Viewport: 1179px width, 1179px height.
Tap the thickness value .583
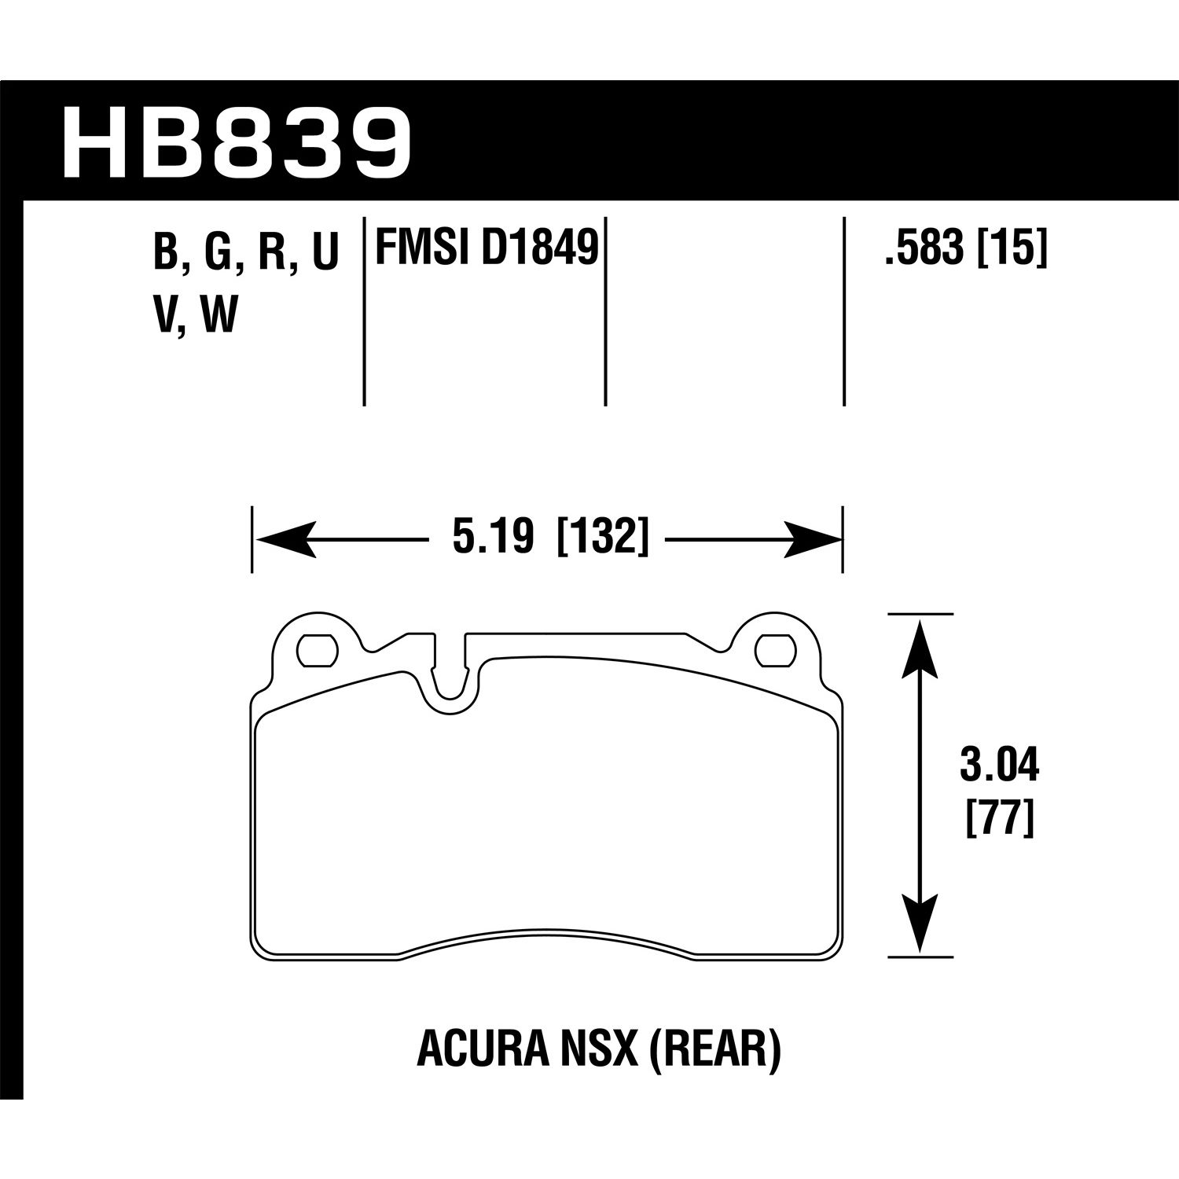[925, 249]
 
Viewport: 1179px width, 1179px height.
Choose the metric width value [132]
[603, 539]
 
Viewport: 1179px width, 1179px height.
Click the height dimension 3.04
[999, 766]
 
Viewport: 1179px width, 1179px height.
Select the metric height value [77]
[999, 819]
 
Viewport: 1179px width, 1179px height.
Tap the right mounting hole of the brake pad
[774, 648]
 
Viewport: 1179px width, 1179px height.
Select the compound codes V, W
[196, 316]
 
